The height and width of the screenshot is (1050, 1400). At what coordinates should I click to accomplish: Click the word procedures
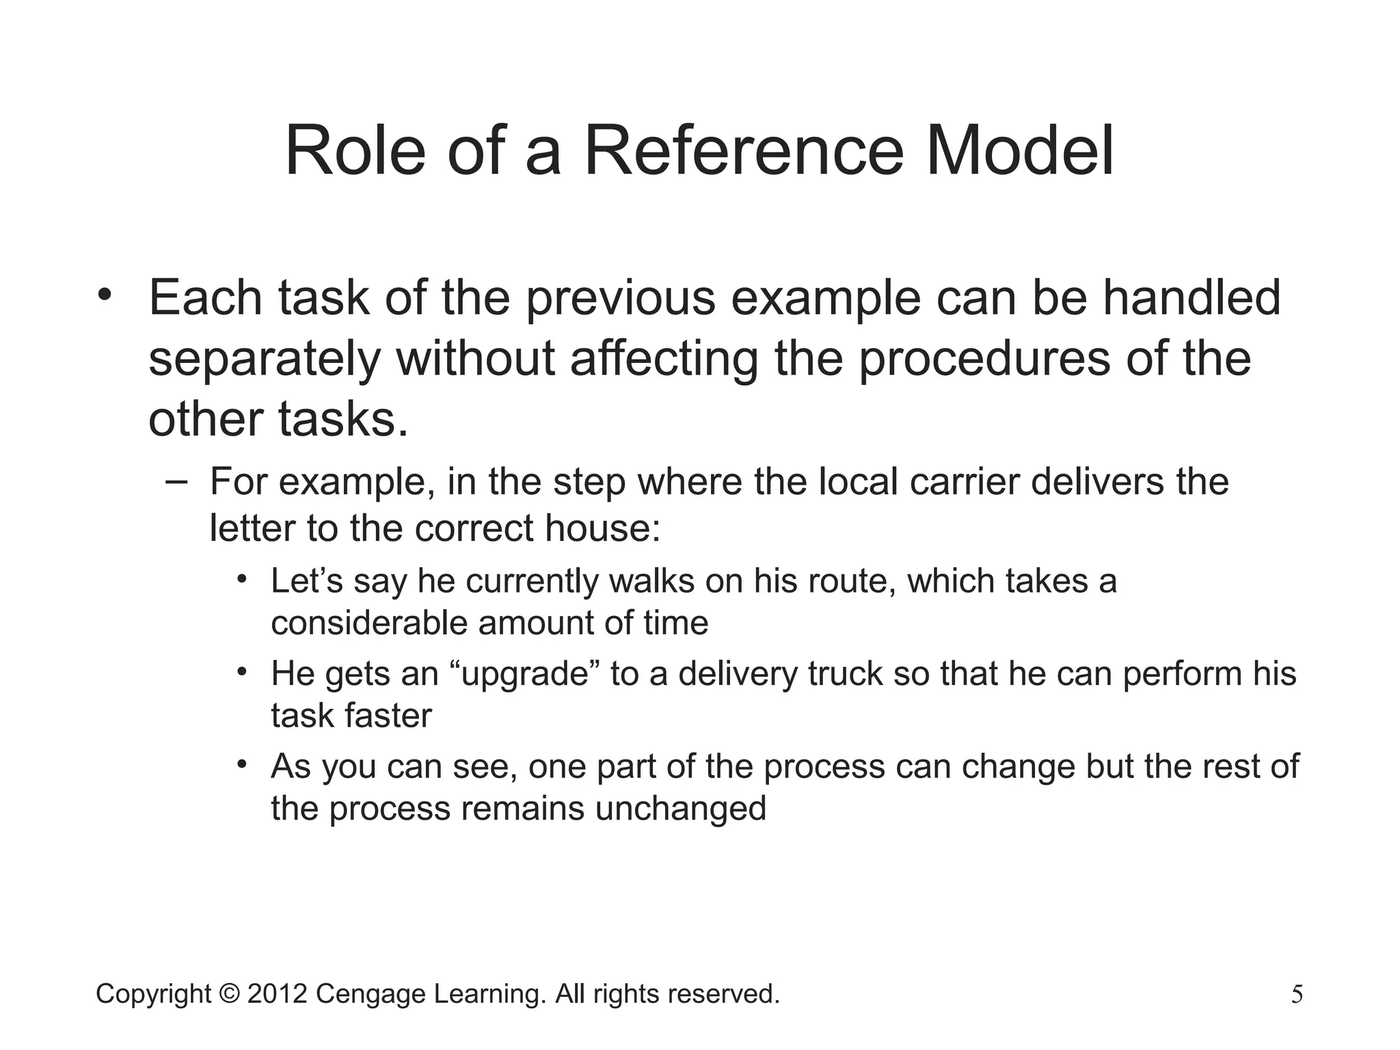pos(984,359)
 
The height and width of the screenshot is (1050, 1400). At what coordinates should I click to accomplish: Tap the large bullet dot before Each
pos(104,295)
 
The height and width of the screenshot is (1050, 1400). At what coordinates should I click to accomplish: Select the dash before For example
pos(176,481)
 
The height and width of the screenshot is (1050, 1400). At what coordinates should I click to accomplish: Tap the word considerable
pos(369,623)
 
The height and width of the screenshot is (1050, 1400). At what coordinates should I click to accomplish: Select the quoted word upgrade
pos(525,673)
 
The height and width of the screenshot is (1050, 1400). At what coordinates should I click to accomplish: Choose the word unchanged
pos(680,809)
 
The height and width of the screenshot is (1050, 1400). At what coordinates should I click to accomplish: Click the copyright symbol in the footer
pos(230,994)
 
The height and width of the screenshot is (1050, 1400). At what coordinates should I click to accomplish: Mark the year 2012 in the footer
pos(277,994)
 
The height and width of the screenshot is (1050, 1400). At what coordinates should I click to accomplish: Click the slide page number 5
pos(1297,995)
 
